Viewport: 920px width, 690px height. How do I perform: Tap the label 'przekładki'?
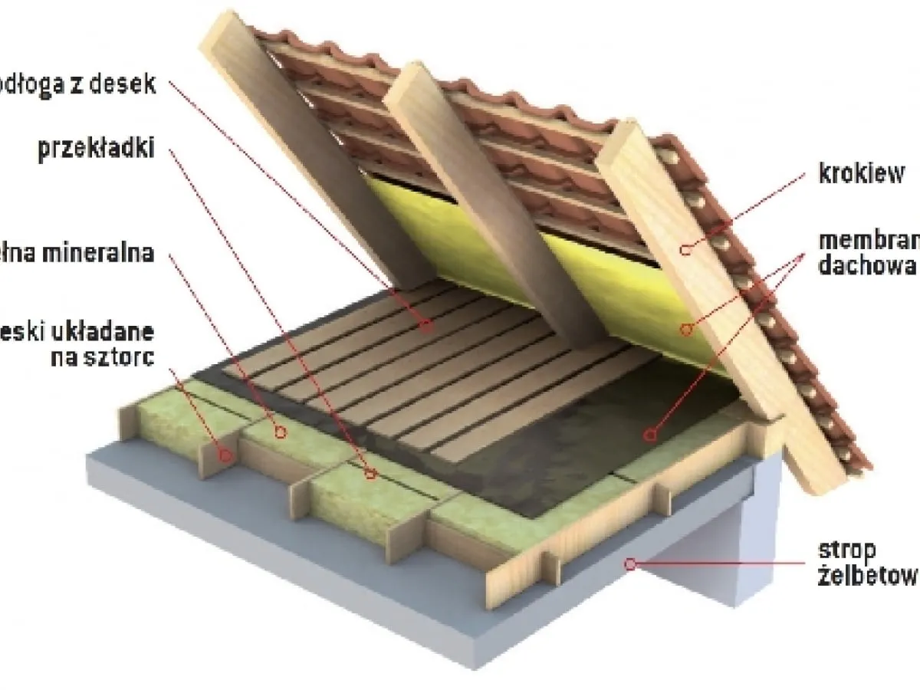tap(96, 148)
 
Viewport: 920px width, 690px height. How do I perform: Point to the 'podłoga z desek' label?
tap(77, 84)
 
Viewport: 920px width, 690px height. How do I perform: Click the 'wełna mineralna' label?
tap(77, 253)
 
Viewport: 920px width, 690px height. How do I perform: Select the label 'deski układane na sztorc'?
tap(77, 346)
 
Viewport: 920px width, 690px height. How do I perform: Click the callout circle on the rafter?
tap(688, 248)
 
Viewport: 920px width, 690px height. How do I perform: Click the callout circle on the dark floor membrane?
tap(650, 435)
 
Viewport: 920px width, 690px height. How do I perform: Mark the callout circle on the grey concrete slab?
tap(630, 564)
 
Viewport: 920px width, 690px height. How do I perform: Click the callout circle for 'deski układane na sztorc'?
tap(226, 455)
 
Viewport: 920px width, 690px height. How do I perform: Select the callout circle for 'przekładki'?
tap(371, 474)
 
